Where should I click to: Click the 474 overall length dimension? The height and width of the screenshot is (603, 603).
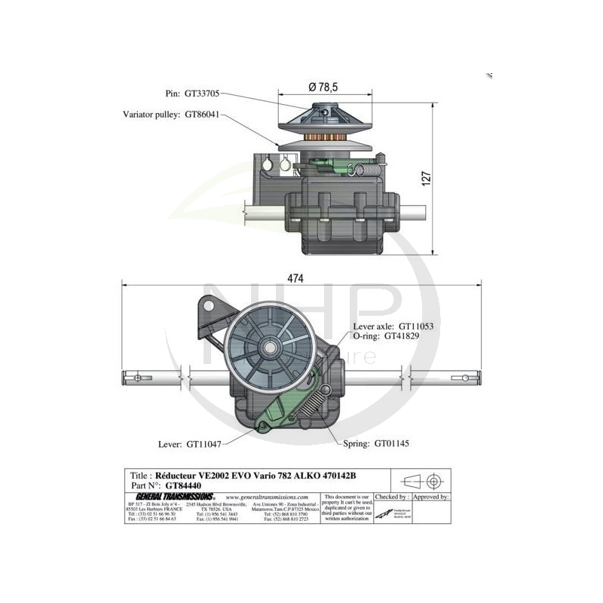[295, 278]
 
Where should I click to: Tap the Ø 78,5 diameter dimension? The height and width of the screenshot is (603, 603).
[326, 87]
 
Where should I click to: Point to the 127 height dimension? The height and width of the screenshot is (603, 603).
[427, 179]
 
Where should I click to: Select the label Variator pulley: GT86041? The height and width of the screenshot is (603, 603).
[173, 115]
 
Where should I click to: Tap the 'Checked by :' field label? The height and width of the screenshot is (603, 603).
[393, 497]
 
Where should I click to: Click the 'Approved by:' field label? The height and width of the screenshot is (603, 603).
[433, 497]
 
